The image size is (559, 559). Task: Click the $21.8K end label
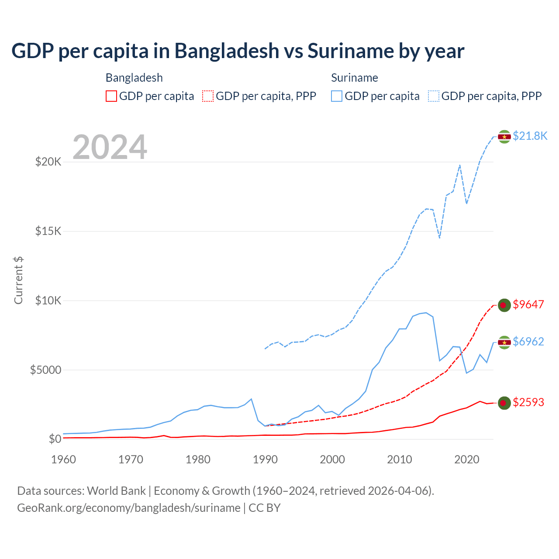pyautogui.click(x=530, y=136)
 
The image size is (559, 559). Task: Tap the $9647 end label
pyautogui.click(x=528, y=304)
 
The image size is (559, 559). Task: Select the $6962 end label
pyautogui.click(x=528, y=342)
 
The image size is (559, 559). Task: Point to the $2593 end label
pyautogui.click(x=528, y=402)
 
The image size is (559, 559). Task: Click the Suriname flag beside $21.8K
pyautogui.click(x=504, y=137)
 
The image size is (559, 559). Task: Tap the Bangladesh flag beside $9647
pyautogui.click(x=504, y=305)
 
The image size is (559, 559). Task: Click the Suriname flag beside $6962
pyautogui.click(x=504, y=342)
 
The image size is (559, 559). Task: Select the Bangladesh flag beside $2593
pyautogui.click(x=504, y=403)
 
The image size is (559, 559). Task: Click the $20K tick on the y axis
pyautogui.click(x=48, y=162)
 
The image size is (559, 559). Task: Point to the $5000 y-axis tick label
pyautogui.click(x=45, y=370)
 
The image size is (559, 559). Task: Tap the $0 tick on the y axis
pyautogui.click(x=55, y=439)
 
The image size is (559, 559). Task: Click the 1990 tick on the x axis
pyautogui.click(x=265, y=459)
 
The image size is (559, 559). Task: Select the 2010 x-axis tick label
pyautogui.click(x=400, y=459)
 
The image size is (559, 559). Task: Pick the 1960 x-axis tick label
pyautogui.click(x=64, y=459)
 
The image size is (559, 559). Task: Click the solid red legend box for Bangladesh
pyautogui.click(x=111, y=96)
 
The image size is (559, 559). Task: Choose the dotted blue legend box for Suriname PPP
pyautogui.click(x=434, y=96)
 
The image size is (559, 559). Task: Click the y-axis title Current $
pyautogui.click(x=18, y=280)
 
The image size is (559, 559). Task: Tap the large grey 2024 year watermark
pyautogui.click(x=110, y=148)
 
